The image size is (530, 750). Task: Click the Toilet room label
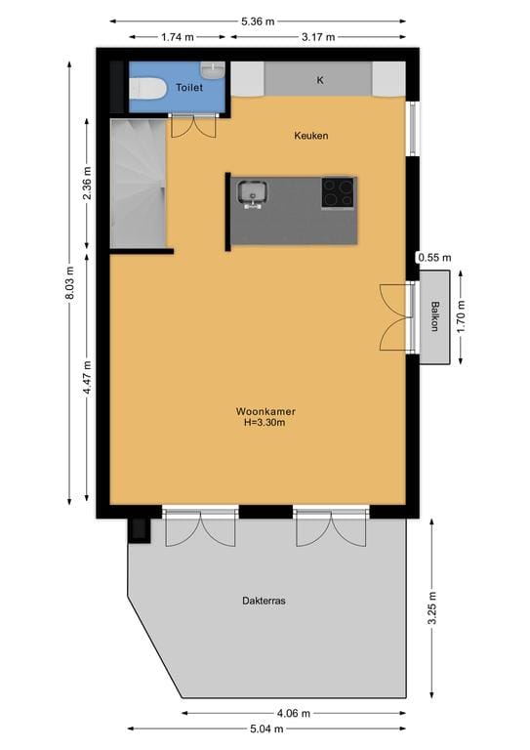[188, 88]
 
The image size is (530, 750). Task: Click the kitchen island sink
[253, 193]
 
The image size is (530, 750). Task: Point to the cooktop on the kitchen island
[339, 192]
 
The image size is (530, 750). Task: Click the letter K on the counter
[319, 80]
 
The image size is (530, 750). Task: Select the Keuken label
[310, 136]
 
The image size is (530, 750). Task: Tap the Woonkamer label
[265, 411]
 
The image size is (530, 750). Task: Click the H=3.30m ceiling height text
[265, 424]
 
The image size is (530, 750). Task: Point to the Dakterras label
[264, 601]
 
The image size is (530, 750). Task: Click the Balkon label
[434, 317]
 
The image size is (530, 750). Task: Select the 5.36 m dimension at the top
[259, 20]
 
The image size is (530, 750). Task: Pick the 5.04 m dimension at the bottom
[265, 729]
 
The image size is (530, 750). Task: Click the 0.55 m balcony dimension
[433, 258]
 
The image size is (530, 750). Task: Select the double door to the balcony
[395, 317]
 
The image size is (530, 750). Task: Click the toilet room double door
[193, 126]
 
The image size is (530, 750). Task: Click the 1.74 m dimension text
[176, 37]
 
